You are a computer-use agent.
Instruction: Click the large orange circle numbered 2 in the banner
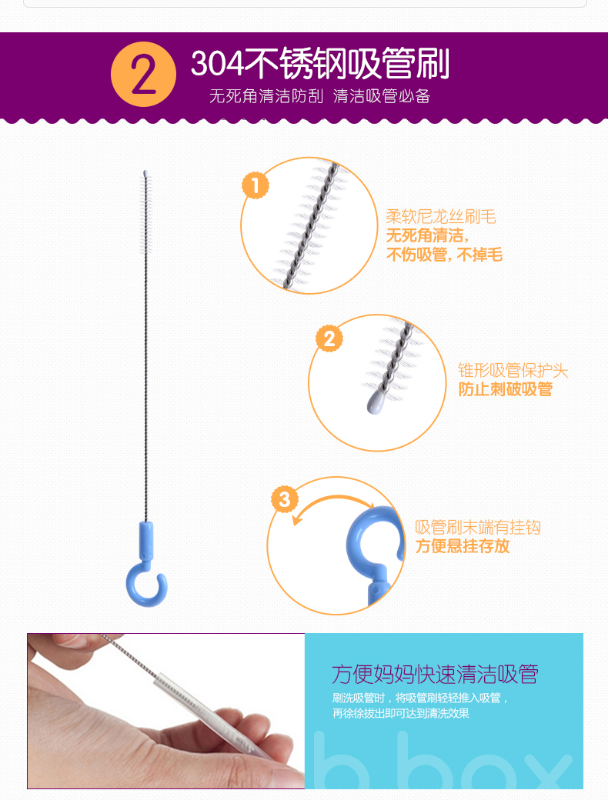143,74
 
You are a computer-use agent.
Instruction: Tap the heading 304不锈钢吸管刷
320,64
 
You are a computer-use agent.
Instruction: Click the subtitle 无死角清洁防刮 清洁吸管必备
320,96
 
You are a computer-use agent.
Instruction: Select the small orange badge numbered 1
256,185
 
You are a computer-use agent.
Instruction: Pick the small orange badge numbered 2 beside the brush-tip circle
329,338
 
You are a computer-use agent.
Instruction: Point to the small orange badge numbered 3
285,499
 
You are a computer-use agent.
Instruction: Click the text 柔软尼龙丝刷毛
441,217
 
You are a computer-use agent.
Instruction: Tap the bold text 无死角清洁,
427,235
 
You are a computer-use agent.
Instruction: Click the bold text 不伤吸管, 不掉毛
445,254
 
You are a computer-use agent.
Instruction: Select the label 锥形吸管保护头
513,371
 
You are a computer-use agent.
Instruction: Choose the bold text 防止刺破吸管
506,389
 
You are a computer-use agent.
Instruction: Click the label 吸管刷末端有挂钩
478,527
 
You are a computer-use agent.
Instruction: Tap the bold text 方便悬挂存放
463,546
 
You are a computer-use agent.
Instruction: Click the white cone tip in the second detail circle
376,402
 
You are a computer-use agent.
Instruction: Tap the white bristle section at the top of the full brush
146,212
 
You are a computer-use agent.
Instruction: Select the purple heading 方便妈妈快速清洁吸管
435,675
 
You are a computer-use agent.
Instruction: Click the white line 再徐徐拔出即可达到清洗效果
401,713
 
